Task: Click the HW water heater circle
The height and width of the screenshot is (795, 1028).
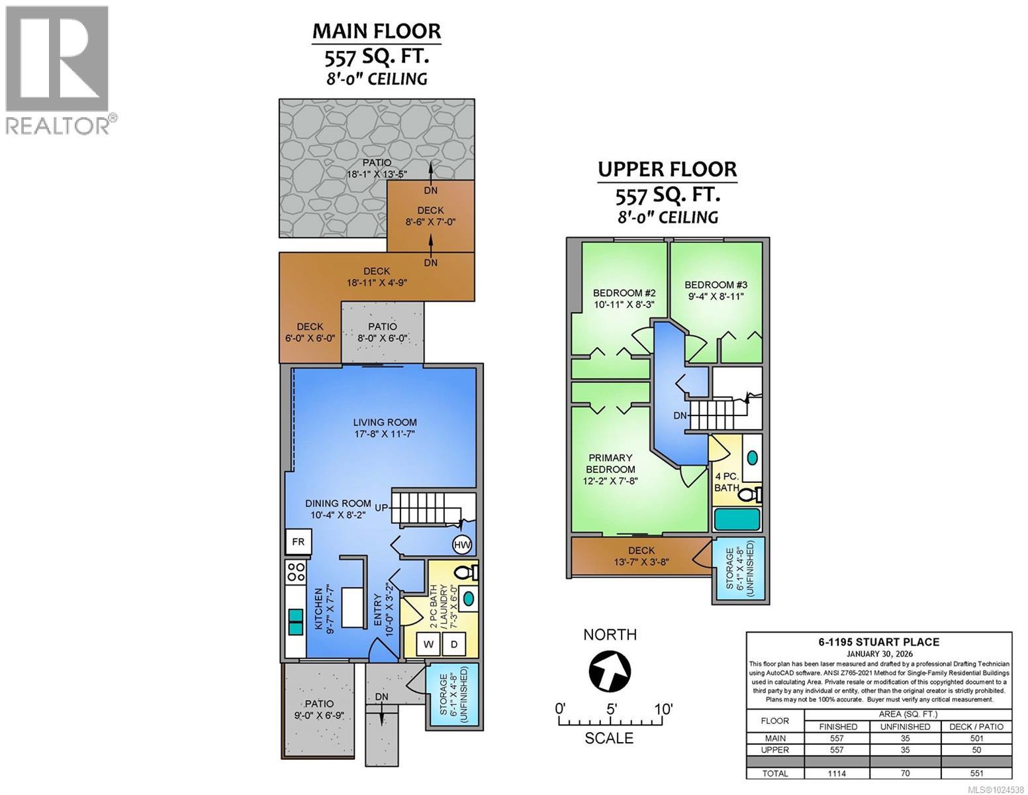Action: [x=462, y=545]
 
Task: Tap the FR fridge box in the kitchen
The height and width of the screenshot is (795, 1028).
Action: [x=298, y=542]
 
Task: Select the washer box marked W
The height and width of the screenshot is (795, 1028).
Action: [x=429, y=644]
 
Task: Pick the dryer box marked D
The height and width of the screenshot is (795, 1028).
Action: [x=453, y=644]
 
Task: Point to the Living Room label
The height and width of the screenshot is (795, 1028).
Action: [x=385, y=423]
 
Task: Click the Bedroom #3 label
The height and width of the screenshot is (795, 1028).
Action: [x=716, y=285]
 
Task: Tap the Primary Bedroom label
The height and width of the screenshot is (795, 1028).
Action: [x=610, y=464]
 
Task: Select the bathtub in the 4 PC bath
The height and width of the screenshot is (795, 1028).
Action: [x=737, y=519]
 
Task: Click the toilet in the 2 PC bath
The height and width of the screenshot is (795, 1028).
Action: [x=467, y=572]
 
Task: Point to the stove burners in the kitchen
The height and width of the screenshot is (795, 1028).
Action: [x=297, y=570]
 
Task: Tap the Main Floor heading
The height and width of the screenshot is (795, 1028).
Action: [x=377, y=31]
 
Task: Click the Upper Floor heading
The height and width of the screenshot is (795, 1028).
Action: [x=667, y=170]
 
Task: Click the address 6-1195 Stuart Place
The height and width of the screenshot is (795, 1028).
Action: [x=879, y=642]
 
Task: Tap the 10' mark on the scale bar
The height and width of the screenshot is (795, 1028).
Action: [x=663, y=709]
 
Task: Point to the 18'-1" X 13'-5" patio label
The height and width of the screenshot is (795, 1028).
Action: [x=377, y=174]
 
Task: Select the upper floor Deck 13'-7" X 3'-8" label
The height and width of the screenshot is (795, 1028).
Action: [x=641, y=556]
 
